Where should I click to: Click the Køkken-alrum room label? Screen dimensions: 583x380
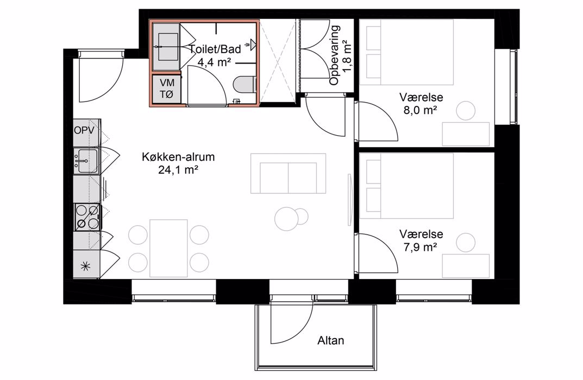click(x=178, y=157)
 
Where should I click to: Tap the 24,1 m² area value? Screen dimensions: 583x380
click(x=178, y=170)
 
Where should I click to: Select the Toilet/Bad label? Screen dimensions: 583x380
click(x=215, y=49)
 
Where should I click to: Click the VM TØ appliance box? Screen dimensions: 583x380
click(x=167, y=89)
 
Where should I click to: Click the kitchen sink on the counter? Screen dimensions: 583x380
click(x=86, y=161)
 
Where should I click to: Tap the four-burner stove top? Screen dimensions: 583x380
click(x=87, y=217)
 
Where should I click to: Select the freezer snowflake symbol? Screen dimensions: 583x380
click(x=85, y=266)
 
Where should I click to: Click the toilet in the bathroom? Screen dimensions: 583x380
click(x=245, y=84)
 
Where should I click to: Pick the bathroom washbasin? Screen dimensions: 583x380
click(x=167, y=47)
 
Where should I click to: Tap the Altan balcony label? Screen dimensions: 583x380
click(x=330, y=340)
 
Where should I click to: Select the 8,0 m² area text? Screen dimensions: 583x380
click(x=421, y=110)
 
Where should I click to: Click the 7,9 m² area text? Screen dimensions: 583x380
click(x=421, y=247)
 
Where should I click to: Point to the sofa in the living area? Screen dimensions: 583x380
click(x=288, y=174)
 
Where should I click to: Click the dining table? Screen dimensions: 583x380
click(x=168, y=248)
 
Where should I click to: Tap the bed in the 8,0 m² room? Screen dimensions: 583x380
click(x=407, y=52)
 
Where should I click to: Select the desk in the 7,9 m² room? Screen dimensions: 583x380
click(x=466, y=266)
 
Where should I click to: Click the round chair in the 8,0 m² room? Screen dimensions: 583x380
click(x=466, y=110)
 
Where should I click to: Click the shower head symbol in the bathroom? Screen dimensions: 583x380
click(x=253, y=45)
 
